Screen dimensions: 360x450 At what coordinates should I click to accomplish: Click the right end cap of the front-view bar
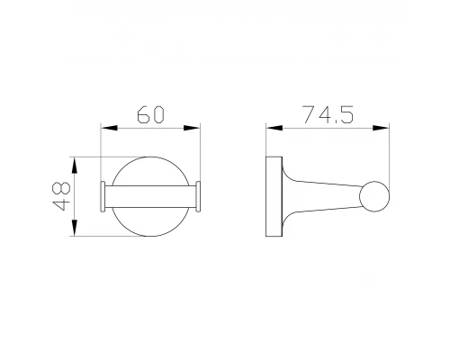199,198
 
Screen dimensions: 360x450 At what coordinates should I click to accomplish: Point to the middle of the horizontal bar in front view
150,198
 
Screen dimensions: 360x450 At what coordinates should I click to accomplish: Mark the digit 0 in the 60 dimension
159,114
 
